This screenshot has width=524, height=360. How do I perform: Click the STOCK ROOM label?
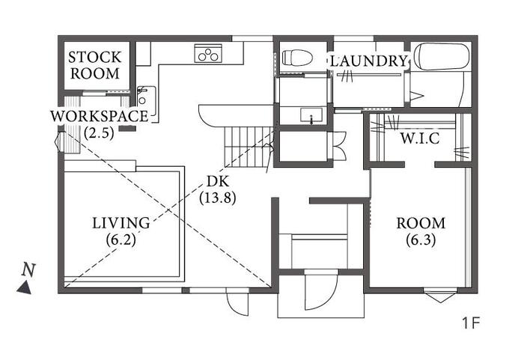pyautogui.click(x=95, y=65)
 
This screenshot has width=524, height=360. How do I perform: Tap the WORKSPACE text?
pyautogui.click(x=100, y=116)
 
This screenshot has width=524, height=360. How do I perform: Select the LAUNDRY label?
pyautogui.click(x=369, y=61)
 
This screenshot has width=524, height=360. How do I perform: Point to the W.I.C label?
pyautogui.click(x=420, y=138)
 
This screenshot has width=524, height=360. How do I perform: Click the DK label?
pyautogui.click(x=218, y=181)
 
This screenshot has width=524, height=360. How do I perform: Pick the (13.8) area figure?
pyautogui.click(x=218, y=198)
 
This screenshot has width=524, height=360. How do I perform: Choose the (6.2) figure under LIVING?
pyautogui.click(x=121, y=240)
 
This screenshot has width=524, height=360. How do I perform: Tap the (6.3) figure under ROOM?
pyautogui.click(x=421, y=240)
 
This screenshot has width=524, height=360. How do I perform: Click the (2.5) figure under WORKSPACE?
pyautogui.click(x=100, y=133)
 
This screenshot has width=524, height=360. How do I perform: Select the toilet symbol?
pyautogui.click(x=297, y=58)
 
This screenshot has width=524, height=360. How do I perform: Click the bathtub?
pyautogui.click(x=441, y=57)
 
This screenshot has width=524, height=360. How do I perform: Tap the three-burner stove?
pyautogui.click(x=208, y=53)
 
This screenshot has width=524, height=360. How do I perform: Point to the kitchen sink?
pyautogui.click(x=147, y=97)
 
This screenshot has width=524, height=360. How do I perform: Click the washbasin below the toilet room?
pyautogui.click(x=311, y=116)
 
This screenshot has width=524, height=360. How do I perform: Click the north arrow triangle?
pyautogui.click(x=25, y=287)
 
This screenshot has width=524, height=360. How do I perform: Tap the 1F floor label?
pyautogui.click(x=471, y=323)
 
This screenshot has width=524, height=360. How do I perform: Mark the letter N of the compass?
pyautogui.click(x=28, y=270)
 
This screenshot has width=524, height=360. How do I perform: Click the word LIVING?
pyautogui.click(x=121, y=223)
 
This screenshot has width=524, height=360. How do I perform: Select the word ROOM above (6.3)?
pyautogui.click(x=421, y=223)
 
